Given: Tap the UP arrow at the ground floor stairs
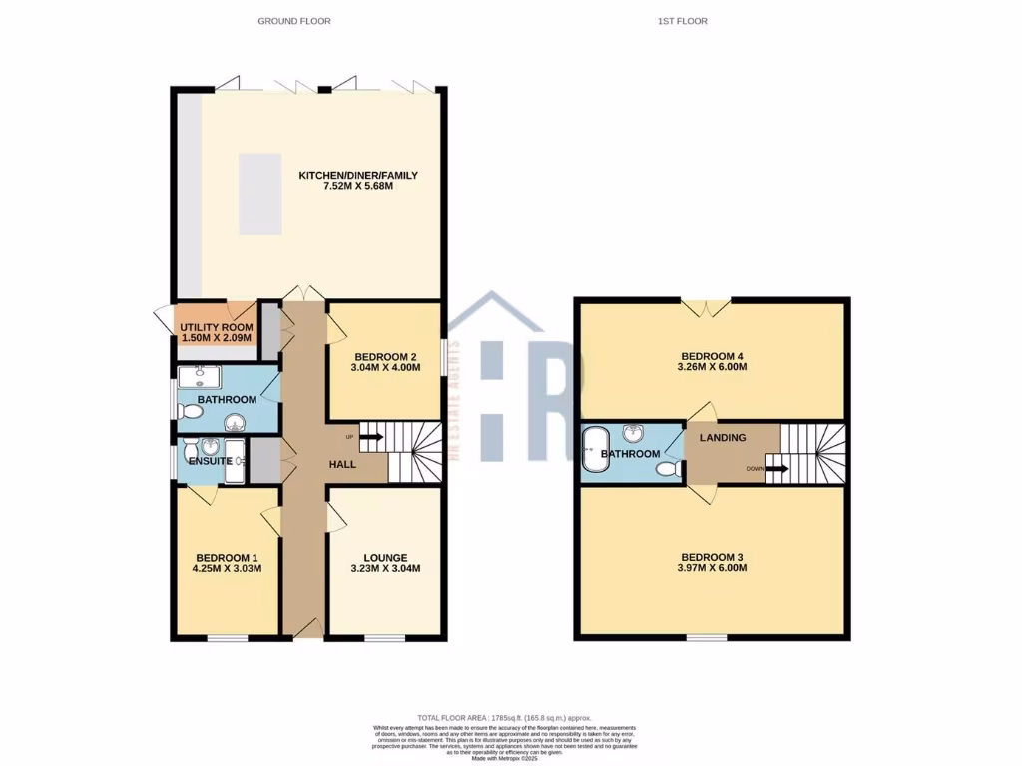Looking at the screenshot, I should click(x=370, y=436).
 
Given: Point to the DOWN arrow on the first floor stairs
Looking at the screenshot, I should click(x=775, y=468).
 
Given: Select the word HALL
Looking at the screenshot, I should click(x=343, y=464).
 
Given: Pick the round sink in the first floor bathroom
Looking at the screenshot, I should click(x=631, y=433).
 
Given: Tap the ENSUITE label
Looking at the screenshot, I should click(x=210, y=461).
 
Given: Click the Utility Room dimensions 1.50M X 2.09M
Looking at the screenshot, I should click(x=216, y=338).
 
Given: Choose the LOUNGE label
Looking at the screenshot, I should click(x=384, y=557).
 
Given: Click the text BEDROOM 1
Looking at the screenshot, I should click(x=227, y=557).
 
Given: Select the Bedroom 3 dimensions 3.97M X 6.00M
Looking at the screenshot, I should click(x=714, y=568).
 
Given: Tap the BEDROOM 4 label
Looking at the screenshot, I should click(x=714, y=355).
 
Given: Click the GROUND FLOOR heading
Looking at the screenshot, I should click(x=294, y=21).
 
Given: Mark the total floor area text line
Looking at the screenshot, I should click(x=504, y=718).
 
